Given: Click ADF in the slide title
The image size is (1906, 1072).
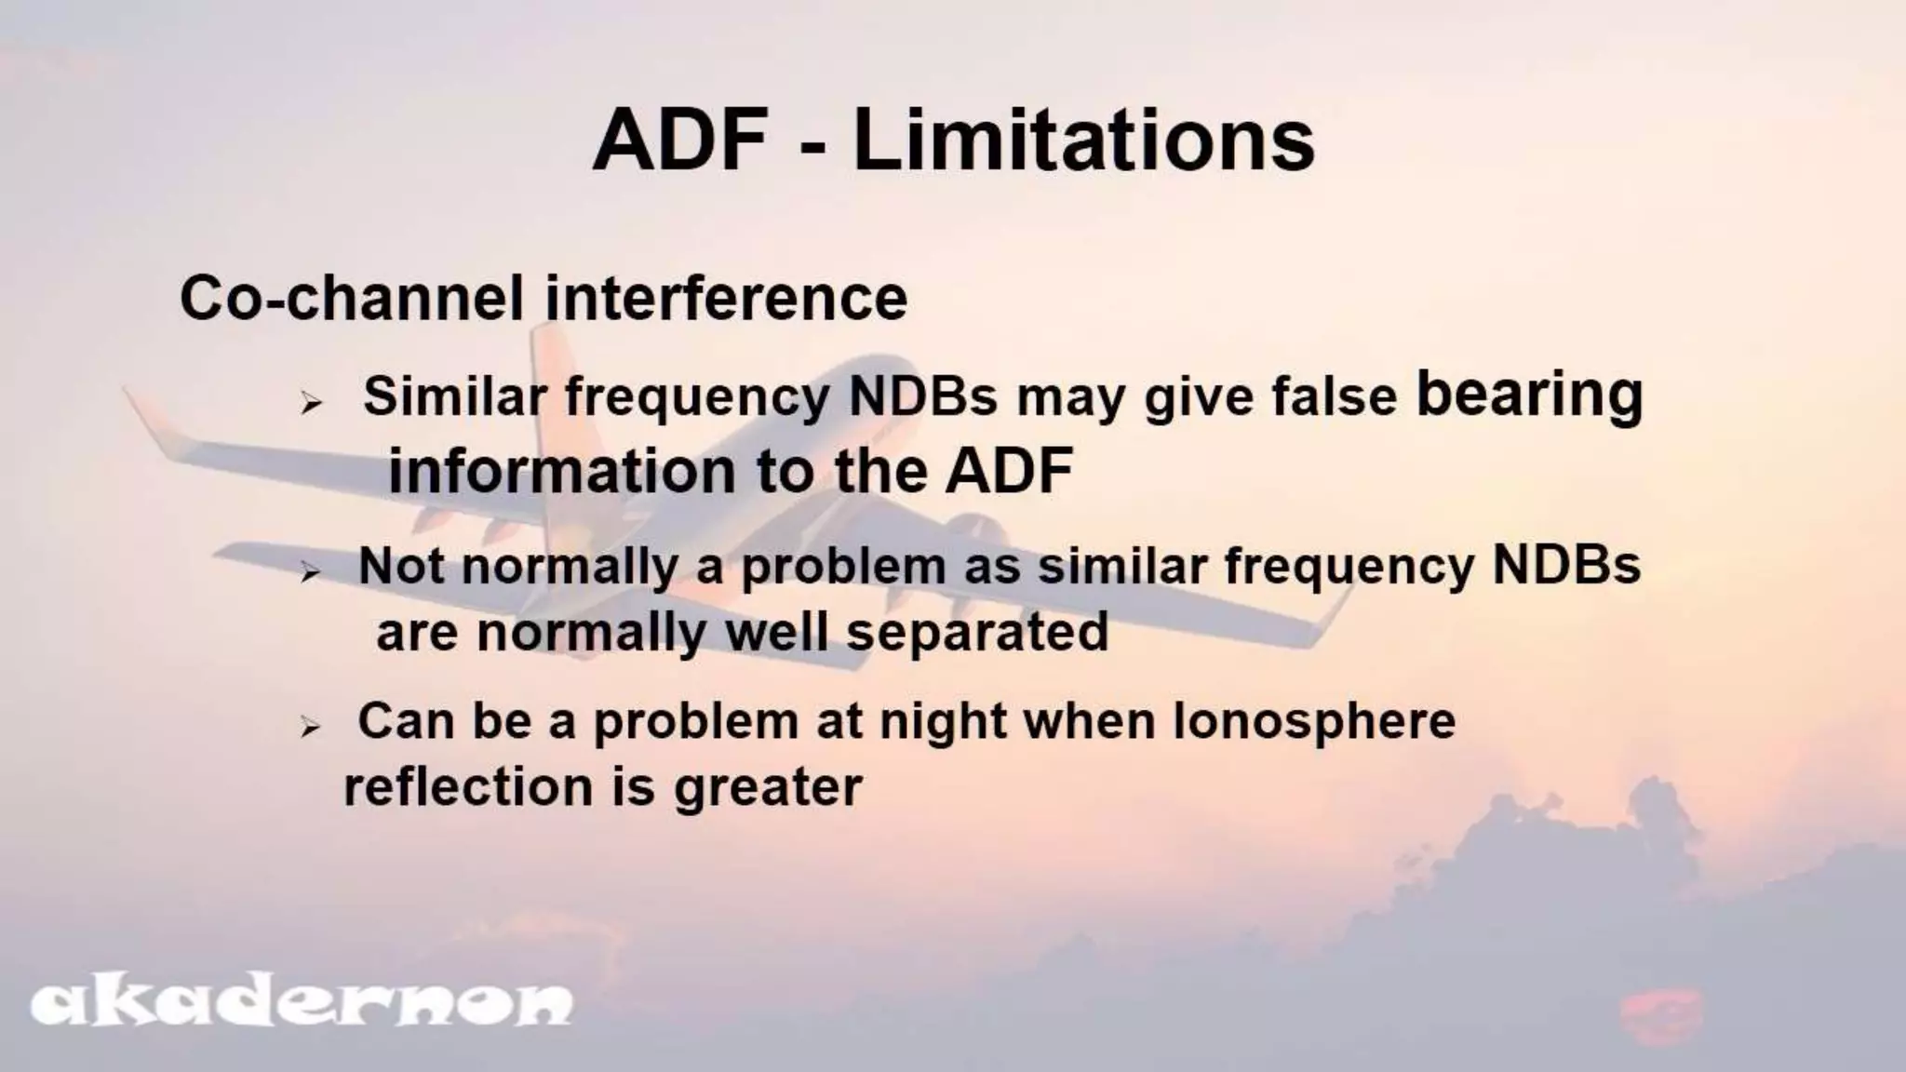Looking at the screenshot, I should (680, 141).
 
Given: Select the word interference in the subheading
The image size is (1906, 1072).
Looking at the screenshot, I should (726, 299).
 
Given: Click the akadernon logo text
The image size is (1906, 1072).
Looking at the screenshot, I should (302, 1003).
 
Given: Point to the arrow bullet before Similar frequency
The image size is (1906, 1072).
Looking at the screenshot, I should (311, 404).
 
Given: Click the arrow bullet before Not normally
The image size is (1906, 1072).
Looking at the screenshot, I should (311, 573).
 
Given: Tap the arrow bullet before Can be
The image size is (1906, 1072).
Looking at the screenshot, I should (311, 728).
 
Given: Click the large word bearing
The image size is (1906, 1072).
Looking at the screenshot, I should (1529, 396).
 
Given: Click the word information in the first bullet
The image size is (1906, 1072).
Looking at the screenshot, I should (562, 471).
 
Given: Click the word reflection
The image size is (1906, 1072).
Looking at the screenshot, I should (468, 787).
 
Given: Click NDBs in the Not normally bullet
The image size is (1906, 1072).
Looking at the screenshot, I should (1566, 566).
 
